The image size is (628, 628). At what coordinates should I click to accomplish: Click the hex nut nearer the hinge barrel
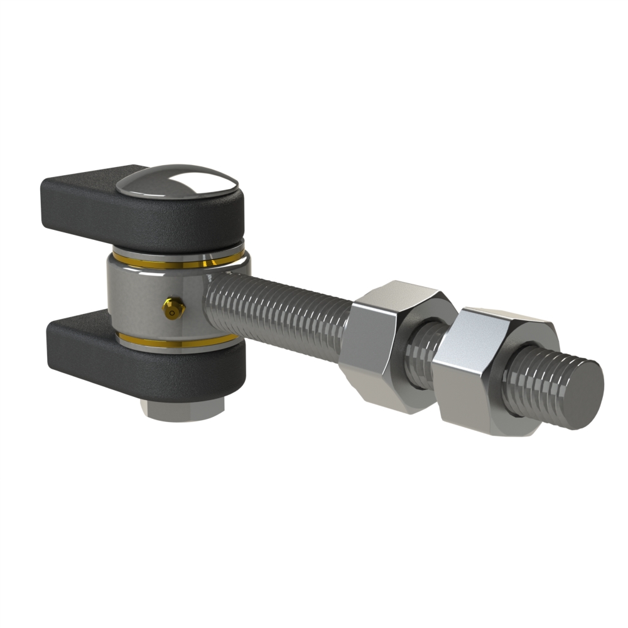click(392, 345)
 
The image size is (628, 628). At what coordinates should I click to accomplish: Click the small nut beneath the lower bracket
click(182, 411)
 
